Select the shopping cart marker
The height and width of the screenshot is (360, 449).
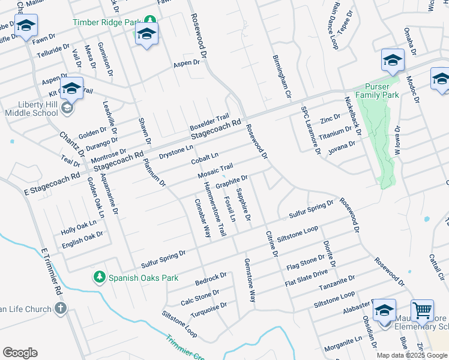click(423, 311)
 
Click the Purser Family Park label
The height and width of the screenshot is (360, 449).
click(377, 91)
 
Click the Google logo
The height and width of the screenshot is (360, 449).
click(20, 353)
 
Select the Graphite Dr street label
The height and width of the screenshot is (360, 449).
click(232, 181)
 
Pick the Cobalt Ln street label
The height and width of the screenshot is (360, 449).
click(205, 159)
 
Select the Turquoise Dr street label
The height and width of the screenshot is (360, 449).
click(208, 309)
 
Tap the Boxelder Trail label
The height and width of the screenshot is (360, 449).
click(209, 122)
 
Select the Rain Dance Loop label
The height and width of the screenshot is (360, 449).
click(334, 25)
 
